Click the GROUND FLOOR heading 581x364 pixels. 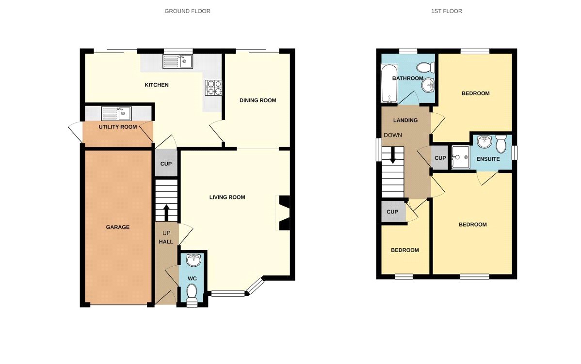187,11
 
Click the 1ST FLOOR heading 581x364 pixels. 446,11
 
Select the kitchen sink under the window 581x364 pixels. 178,61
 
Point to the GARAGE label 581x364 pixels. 118,227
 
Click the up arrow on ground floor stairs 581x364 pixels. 166,212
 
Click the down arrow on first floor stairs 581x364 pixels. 393,155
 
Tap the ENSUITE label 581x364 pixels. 488,158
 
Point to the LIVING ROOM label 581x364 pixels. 227,197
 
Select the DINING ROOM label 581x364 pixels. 258,100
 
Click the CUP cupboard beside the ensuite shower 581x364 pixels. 440,158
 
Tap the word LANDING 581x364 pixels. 405,120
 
